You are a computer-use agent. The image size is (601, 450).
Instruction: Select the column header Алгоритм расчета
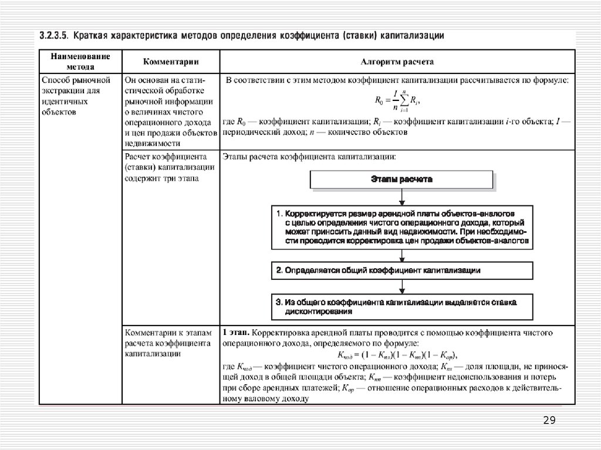point(397,60)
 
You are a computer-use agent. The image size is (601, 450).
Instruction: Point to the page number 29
point(550,420)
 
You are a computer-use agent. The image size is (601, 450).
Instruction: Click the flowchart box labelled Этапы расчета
point(402,180)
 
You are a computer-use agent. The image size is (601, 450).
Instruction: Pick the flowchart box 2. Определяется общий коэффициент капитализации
point(402,270)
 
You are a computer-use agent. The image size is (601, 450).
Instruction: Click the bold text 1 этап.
point(236,333)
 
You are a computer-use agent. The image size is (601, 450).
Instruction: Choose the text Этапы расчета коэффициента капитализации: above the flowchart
point(308,157)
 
